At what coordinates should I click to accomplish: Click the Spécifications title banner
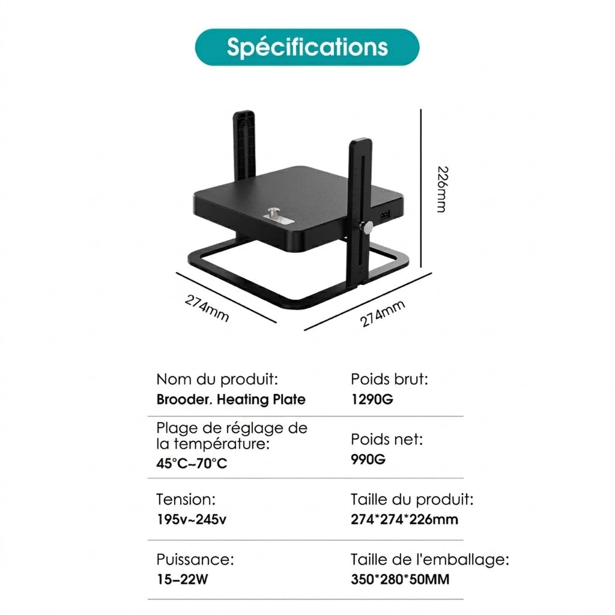(307, 47)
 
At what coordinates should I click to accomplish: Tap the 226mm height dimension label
(442, 189)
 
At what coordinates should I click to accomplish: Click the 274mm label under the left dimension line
(207, 308)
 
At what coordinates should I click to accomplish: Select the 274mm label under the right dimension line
(383, 314)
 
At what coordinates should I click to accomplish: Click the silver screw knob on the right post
(368, 226)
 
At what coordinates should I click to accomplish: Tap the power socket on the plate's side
(384, 215)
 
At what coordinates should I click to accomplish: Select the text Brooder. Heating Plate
(231, 399)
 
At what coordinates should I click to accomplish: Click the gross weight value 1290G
(372, 399)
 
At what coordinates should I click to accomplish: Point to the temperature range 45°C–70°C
(192, 463)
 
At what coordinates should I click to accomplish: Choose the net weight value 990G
(368, 459)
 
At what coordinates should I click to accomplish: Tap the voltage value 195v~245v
(192, 520)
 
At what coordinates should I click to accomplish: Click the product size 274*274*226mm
(404, 520)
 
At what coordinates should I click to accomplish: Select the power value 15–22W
(183, 580)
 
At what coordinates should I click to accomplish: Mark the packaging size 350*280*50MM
(400, 580)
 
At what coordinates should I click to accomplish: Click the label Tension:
(186, 499)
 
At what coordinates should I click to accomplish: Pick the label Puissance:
(195, 559)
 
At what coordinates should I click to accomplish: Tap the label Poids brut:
(389, 380)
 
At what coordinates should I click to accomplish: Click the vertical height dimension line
(421, 188)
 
